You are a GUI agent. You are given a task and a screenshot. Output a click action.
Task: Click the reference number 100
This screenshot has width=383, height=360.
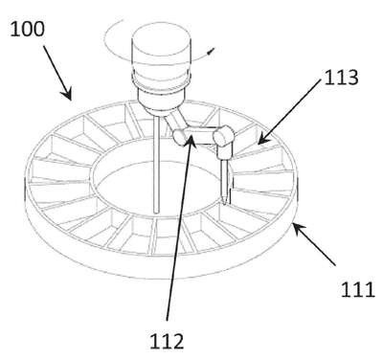(x=27, y=30)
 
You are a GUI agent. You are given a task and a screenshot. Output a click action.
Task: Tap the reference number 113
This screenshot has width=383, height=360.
(x=341, y=78)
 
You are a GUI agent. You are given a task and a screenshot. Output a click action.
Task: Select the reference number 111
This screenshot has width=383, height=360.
(x=357, y=290)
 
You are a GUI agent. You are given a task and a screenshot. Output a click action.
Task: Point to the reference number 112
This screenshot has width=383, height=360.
(x=167, y=341)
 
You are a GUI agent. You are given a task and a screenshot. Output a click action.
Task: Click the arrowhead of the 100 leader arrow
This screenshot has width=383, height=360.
(x=67, y=94)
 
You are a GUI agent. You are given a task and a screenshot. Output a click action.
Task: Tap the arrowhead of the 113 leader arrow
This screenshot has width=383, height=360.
(x=262, y=140)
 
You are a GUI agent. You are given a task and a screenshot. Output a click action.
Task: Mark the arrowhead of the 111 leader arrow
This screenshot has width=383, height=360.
(x=298, y=228)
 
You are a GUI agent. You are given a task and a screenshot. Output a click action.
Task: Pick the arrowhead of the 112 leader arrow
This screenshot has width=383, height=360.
(x=191, y=140)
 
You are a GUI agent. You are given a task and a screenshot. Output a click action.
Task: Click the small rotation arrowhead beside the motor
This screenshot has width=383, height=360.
(x=211, y=52)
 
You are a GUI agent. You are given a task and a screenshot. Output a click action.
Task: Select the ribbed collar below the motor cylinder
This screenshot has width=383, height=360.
(x=161, y=79)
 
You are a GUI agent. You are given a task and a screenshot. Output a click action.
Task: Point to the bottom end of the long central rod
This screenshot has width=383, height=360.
(x=156, y=211)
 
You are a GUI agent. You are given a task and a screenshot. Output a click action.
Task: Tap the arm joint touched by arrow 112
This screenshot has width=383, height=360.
(x=180, y=137)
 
